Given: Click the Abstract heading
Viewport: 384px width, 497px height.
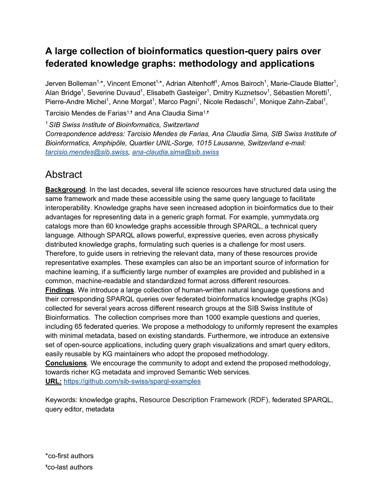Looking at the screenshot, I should click(63, 174).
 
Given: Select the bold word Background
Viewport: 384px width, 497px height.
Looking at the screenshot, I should click(65, 190).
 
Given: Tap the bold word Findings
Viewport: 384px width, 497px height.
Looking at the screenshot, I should click(60, 290).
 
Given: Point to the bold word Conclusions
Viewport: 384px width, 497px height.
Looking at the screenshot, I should click(66, 363).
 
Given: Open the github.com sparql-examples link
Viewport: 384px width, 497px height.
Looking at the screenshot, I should click(132, 381).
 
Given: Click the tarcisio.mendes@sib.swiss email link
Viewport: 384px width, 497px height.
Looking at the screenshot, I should click(87, 152).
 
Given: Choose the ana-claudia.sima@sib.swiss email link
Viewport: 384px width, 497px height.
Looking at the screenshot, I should click(175, 152).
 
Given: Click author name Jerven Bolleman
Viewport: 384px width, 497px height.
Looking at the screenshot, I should click(71, 84).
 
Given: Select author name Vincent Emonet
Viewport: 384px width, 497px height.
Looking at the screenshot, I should click(131, 84).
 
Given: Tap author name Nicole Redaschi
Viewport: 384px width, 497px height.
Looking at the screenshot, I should click(228, 102).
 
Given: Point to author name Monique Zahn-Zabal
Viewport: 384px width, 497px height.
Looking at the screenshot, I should click(291, 102).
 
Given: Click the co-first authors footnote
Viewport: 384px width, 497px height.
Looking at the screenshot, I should click(69, 456).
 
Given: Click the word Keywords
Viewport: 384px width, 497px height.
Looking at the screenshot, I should click(61, 400).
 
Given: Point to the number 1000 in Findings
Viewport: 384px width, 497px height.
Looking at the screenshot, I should click(213, 318).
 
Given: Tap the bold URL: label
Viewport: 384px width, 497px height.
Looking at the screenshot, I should click(53, 381).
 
